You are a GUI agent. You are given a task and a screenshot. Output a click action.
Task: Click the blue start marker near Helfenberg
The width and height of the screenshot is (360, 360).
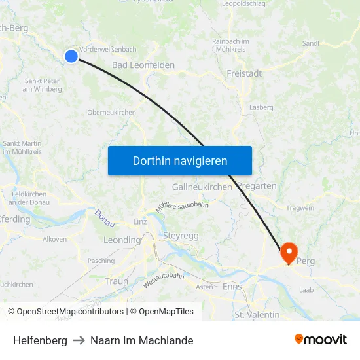[71, 57]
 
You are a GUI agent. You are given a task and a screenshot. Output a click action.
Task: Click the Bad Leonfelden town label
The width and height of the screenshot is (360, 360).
[143, 65]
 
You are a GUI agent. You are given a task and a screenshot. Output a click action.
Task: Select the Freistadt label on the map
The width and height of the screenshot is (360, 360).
[244, 74]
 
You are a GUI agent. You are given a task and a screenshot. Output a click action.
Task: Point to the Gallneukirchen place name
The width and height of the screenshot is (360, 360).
[202, 187]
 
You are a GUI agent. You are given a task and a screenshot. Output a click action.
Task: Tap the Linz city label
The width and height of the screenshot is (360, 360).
[140, 222]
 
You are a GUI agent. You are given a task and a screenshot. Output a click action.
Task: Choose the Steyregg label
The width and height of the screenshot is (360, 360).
[180, 235]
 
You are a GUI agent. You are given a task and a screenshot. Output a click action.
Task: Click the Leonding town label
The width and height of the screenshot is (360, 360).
[122, 240]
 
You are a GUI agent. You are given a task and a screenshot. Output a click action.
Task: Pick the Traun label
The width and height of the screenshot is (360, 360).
[117, 281]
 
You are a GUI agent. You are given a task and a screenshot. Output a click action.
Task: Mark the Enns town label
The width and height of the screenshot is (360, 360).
[232, 287]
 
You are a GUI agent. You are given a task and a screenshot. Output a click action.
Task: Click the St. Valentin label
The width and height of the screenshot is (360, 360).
[257, 315]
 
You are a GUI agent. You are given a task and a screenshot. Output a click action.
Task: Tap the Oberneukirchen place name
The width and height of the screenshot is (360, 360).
[111, 113]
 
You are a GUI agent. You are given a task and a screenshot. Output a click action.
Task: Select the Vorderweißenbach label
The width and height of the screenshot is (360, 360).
[108, 49]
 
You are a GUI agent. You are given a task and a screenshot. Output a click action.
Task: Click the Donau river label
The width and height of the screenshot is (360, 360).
[104, 218]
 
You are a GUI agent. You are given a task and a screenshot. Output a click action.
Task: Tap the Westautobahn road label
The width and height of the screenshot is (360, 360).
[163, 280]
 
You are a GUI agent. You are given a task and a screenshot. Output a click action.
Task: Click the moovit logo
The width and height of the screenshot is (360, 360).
[321, 340]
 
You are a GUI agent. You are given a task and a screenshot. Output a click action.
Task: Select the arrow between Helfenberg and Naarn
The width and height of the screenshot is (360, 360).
[79, 340]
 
